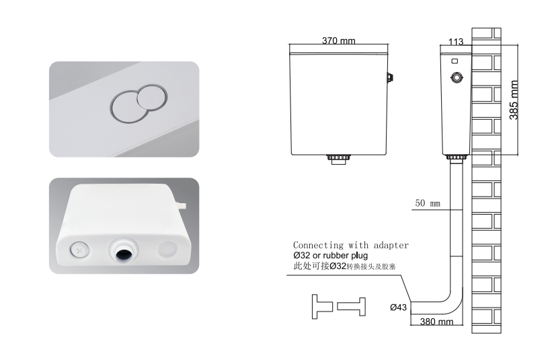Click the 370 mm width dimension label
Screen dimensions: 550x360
338,40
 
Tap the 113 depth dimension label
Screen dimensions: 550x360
456,42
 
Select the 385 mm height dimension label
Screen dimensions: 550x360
514,100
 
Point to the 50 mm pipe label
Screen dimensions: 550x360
427,203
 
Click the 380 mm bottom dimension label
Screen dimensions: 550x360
436,322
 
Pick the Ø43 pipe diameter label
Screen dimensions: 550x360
398,308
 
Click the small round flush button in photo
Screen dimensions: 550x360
152,97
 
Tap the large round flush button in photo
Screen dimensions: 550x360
127,108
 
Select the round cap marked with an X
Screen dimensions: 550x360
79,251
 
